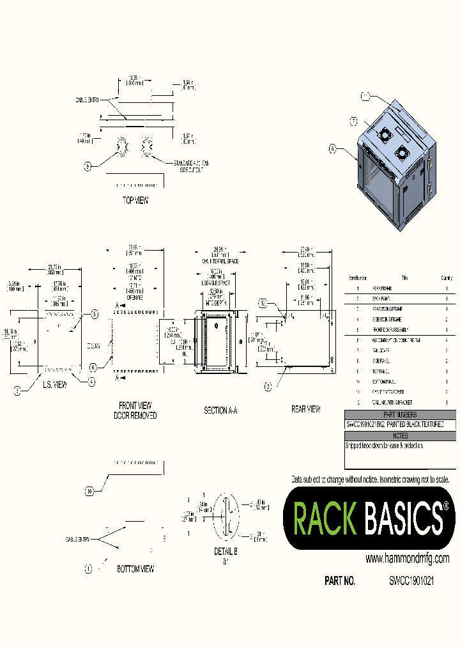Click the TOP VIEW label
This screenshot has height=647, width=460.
135,200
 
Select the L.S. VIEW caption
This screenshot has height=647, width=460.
55,385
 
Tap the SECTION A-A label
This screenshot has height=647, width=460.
220,410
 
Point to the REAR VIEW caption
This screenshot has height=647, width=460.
305,409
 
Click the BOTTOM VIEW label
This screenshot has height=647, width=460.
135,568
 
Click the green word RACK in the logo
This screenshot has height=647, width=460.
325,517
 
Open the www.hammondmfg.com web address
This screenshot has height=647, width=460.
407,559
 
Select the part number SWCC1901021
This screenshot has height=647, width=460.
412,581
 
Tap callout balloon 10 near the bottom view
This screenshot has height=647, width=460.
90,491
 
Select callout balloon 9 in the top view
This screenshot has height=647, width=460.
88,166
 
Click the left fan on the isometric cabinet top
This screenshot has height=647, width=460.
385,135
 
